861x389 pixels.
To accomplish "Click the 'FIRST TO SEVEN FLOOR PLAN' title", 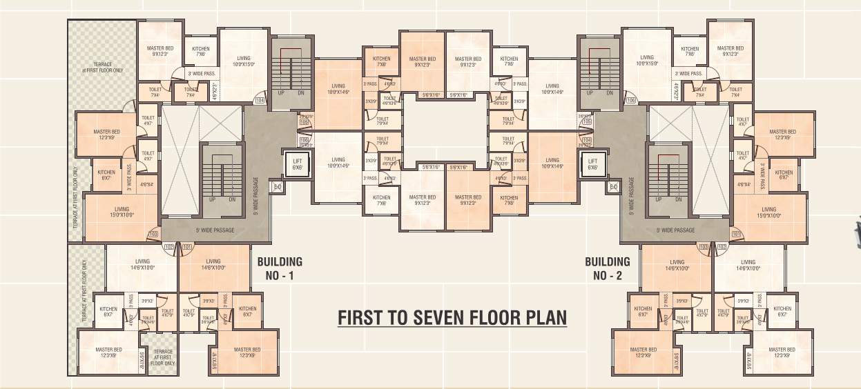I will [452, 317].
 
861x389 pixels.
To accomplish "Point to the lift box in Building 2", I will [592, 165].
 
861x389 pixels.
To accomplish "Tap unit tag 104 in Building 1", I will [260, 100].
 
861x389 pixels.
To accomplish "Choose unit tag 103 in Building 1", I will [153, 235].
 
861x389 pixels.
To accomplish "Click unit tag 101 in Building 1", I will [186, 246].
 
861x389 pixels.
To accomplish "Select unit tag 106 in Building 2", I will [630, 100].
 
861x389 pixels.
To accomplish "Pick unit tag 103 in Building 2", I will [704, 246].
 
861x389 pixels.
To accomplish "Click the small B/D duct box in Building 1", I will [277, 186].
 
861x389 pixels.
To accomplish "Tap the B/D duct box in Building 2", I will [612, 186].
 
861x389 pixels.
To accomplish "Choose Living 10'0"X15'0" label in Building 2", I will [646, 61].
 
